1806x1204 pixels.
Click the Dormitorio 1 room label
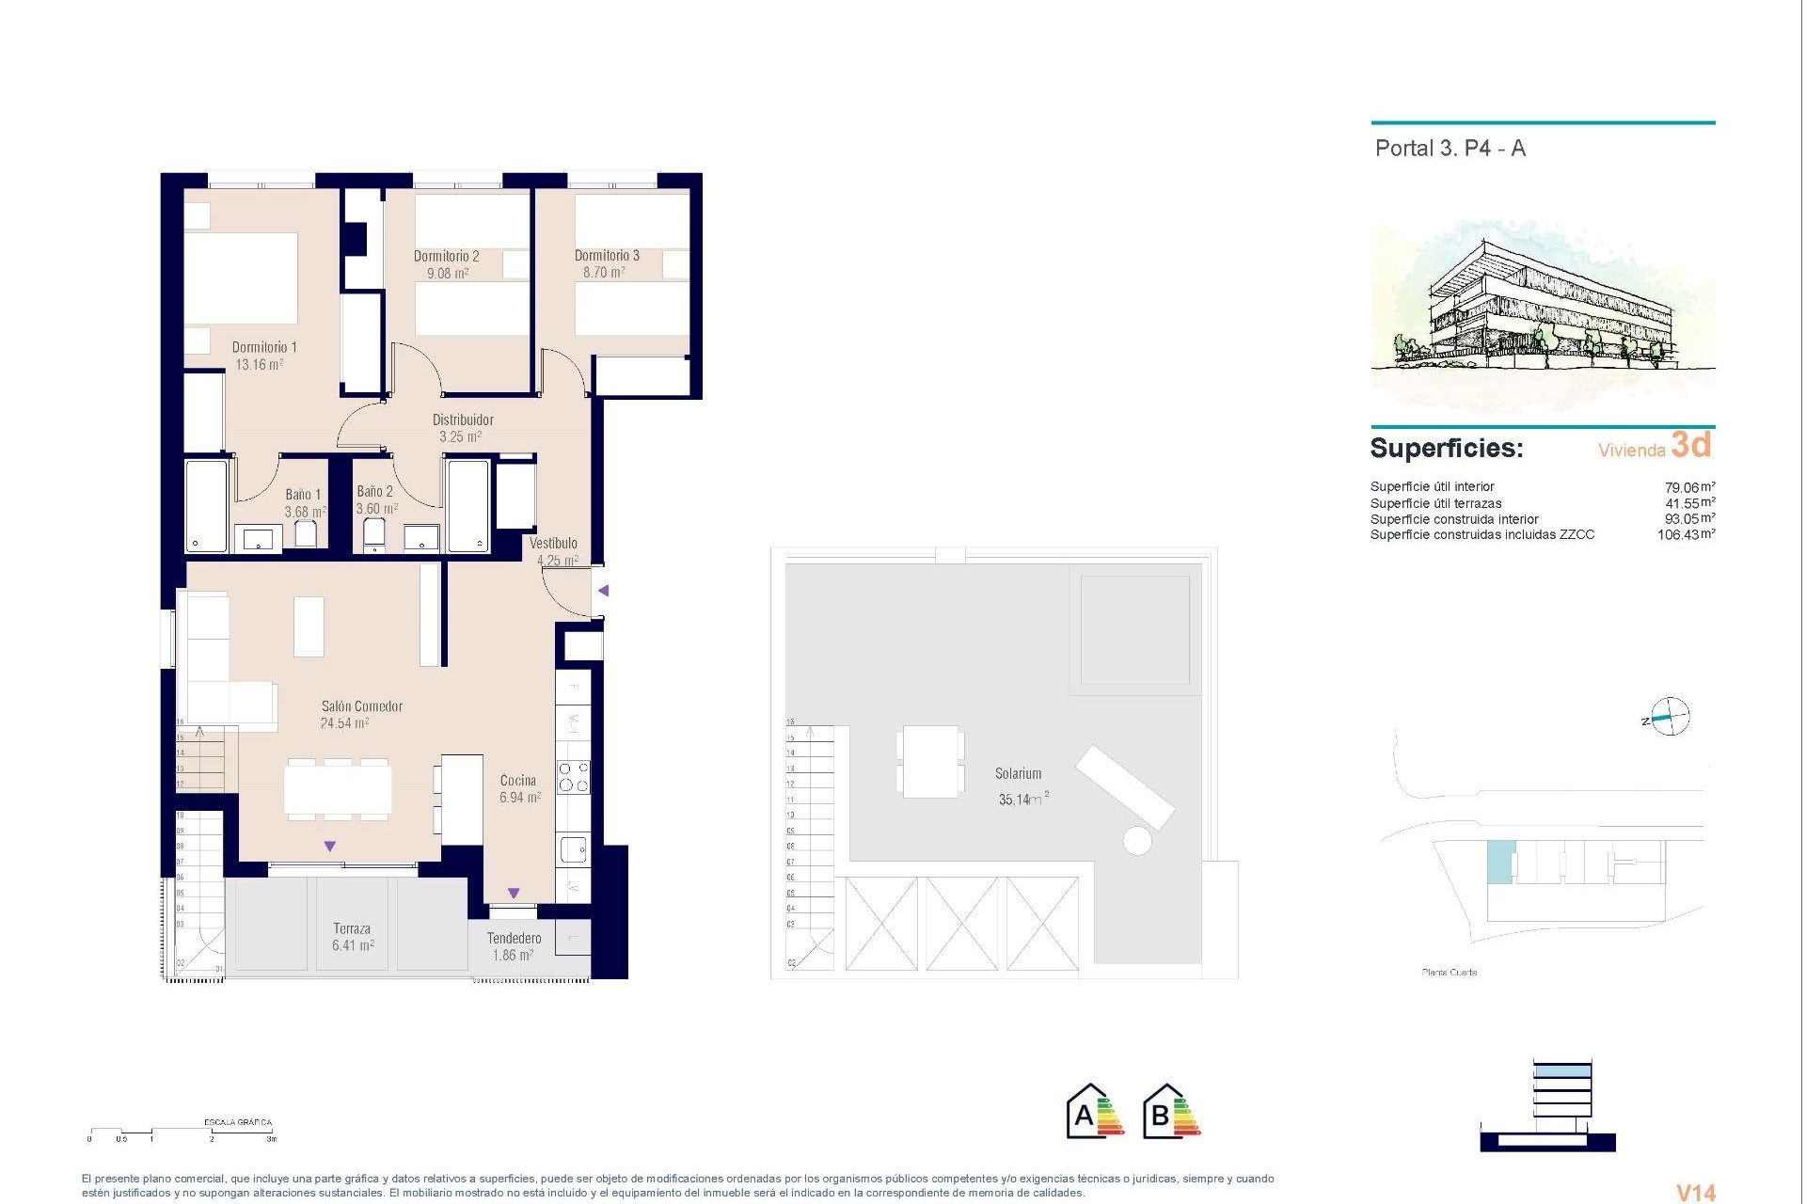[264, 347]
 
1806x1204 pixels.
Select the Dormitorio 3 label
[607, 256]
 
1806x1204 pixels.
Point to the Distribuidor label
[463, 420]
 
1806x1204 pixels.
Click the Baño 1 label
[303, 495]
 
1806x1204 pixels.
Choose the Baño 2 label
[374, 491]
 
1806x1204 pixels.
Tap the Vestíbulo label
[553, 543]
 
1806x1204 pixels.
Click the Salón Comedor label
[361, 706]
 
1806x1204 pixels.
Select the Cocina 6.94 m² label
[519, 789]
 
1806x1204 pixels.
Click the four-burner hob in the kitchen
[574, 777]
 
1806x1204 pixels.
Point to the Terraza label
[352, 928]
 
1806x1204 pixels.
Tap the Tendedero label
[514, 938]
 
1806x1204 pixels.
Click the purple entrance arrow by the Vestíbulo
[604, 591]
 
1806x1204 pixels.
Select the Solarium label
[1018, 773]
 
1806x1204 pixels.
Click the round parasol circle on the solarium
[1137, 840]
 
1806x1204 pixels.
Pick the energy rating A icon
[1095, 1112]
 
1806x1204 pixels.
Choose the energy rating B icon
[1171, 1112]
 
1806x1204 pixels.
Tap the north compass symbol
[1668, 718]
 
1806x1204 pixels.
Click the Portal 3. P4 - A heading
[1450, 149]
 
